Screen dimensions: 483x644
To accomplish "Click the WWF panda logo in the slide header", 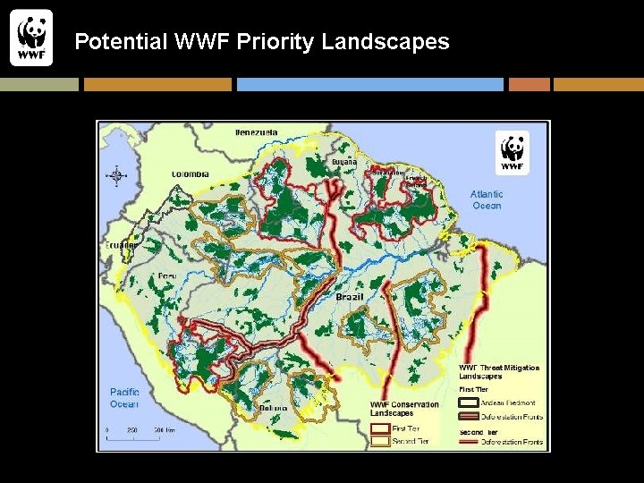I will (x=31, y=38).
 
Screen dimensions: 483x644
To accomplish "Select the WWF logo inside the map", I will (x=513, y=152).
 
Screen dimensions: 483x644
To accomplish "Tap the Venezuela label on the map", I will (x=256, y=132).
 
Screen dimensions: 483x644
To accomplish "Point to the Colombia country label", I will (x=191, y=174).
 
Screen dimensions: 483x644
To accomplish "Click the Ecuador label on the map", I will (x=121, y=245).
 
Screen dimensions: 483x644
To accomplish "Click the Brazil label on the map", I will (x=350, y=296).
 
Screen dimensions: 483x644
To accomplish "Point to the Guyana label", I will (x=344, y=162).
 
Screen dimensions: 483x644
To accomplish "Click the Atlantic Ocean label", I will (x=487, y=199).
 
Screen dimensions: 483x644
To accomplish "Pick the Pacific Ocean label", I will (x=124, y=398).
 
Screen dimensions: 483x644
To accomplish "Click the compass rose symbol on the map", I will (x=117, y=175).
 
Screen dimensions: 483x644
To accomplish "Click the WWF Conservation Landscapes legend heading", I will (x=404, y=408).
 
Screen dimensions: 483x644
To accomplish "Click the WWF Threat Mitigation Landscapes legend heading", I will (x=499, y=372).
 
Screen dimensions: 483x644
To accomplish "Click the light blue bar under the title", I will (x=369, y=84).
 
